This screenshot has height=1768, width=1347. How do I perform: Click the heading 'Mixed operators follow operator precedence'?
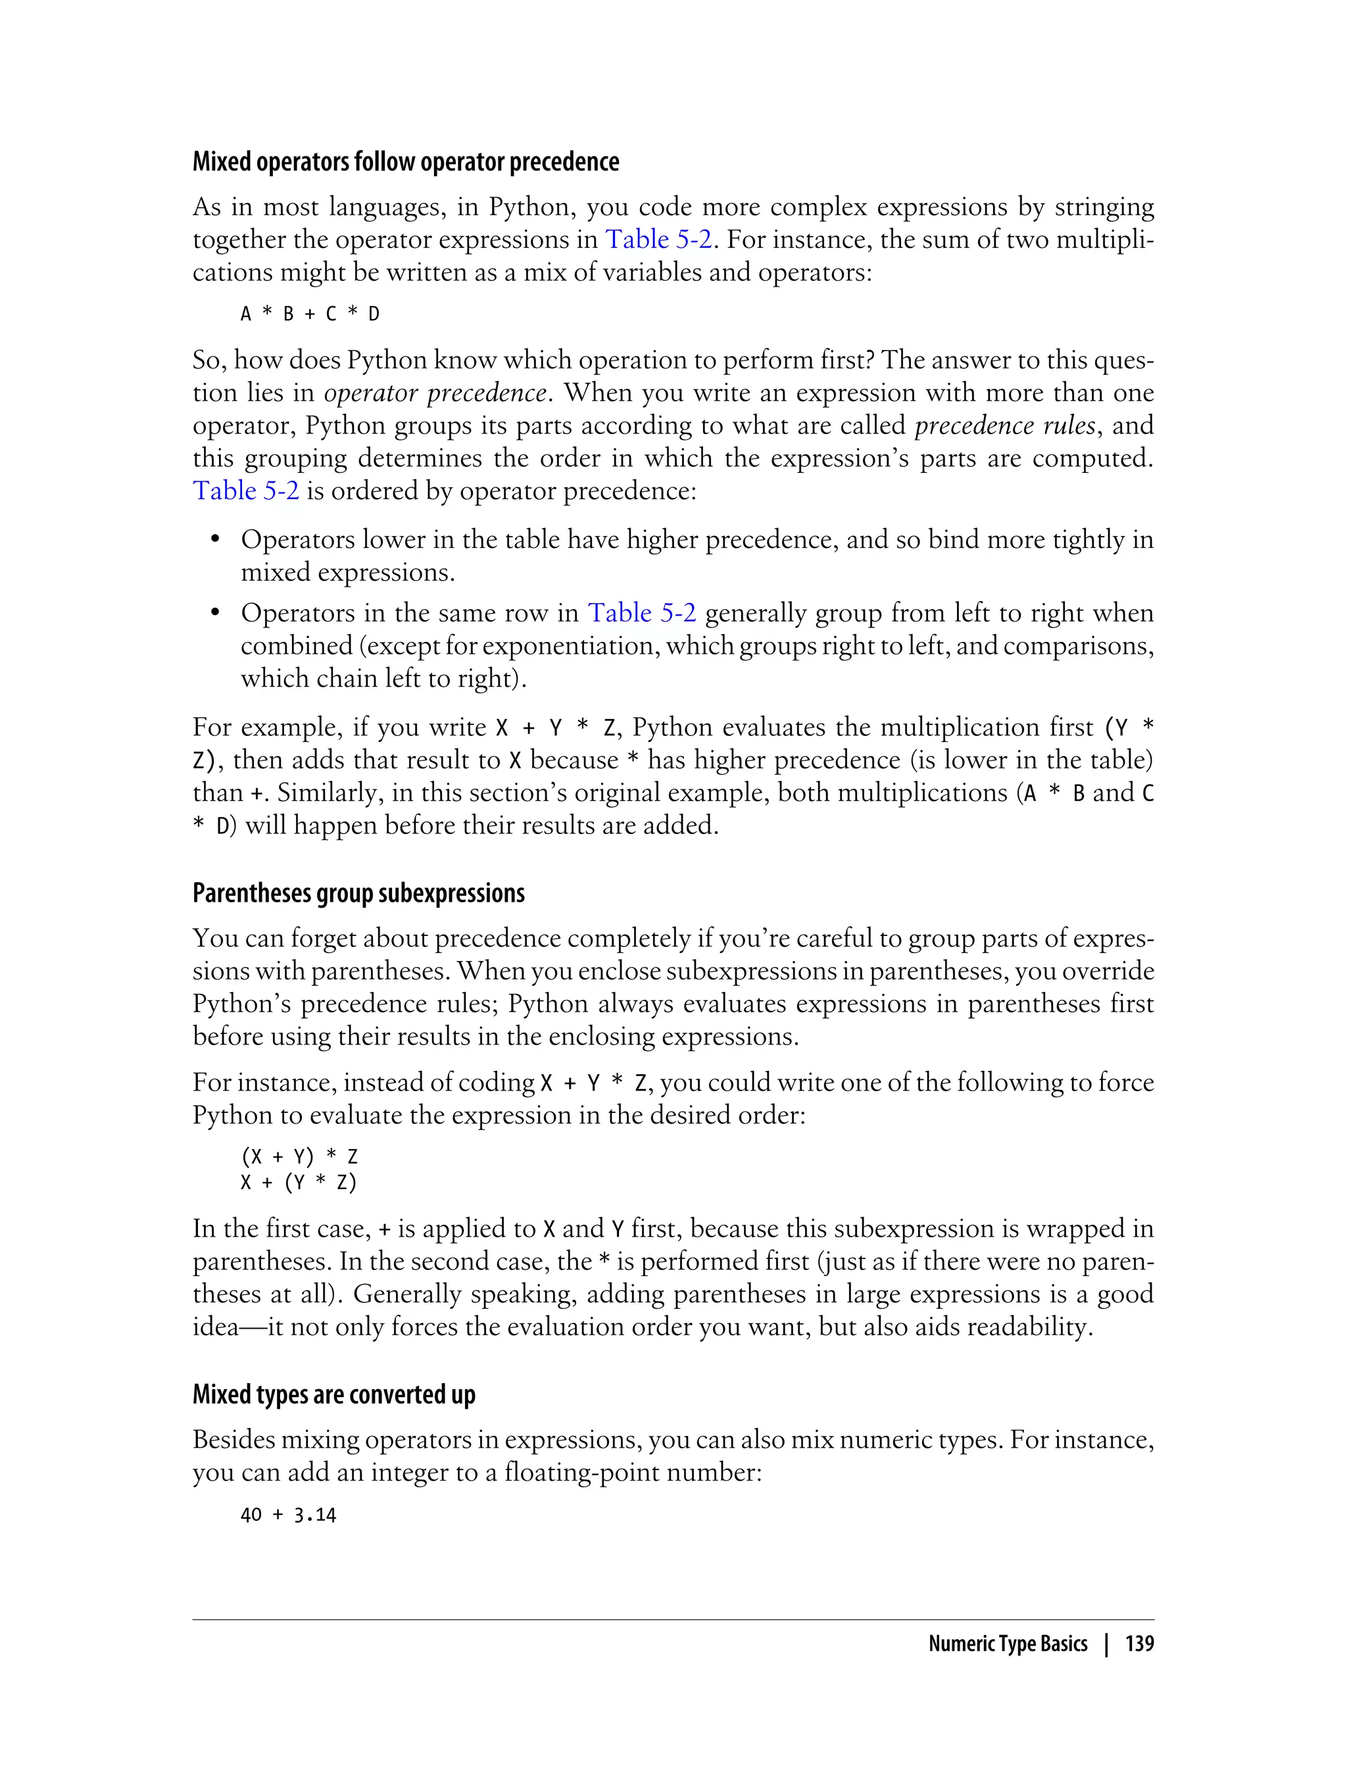[406, 162]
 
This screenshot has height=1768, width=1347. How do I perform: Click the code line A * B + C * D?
[310, 314]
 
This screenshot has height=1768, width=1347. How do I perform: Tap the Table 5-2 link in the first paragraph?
[658, 239]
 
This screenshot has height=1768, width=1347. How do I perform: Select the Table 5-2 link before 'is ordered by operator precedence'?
[246, 490]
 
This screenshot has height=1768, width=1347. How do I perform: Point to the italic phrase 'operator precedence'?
[435, 393]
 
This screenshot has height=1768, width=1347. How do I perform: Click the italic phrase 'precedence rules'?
[1004, 425]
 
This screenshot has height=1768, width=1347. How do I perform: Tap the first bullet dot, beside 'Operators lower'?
[215, 539]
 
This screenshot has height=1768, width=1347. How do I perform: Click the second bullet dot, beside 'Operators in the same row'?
[215, 614]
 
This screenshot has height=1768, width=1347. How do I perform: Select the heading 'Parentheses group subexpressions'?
[358, 893]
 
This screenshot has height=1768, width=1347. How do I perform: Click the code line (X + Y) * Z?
[299, 1156]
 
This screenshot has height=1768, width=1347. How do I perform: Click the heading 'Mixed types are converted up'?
[333, 1394]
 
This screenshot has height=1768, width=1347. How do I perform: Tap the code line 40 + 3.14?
[288, 1515]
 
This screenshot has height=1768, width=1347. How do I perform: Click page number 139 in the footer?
[1139, 1644]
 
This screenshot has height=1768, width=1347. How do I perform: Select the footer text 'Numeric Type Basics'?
[1008, 1644]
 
